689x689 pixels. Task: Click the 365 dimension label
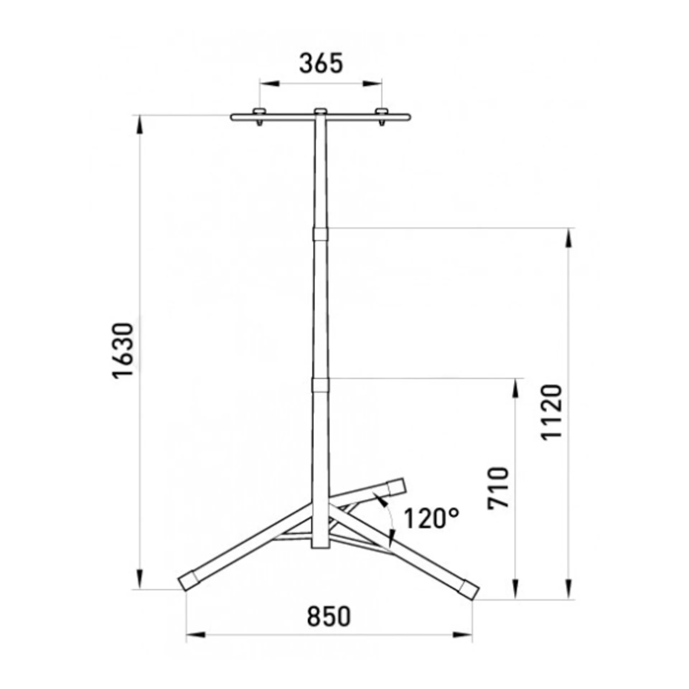click(x=321, y=64)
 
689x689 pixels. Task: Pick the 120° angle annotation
click(x=432, y=519)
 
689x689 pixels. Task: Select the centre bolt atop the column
click(x=320, y=112)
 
